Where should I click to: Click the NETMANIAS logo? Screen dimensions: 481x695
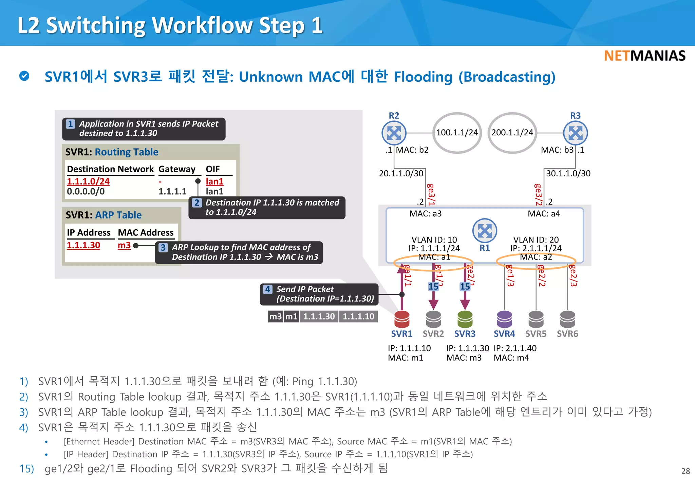[x=644, y=56]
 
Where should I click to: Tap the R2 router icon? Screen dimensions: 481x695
[x=394, y=133]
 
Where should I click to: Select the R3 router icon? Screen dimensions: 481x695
[x=575, y=133]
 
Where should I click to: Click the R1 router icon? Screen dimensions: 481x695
[x=485, y=231]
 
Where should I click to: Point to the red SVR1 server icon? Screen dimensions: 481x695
[x=402, y=319]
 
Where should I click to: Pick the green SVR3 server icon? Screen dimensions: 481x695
[x=465, y=319]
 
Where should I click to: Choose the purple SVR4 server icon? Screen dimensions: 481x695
[x=504, y=319]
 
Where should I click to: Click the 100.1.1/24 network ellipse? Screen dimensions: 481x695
[x=457, y=133]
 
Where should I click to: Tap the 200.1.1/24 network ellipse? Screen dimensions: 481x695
[x=512, y=133]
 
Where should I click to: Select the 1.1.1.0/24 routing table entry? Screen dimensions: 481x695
[x=88, y=181]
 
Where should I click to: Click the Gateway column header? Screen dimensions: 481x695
[x=177, y=169]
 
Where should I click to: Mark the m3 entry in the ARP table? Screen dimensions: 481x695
[x=124, y=245]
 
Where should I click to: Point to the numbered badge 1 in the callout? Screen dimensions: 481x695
[x=70, y=124]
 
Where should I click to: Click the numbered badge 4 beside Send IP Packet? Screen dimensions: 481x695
[x=268, y=289]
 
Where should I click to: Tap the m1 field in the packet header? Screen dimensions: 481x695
[x=292, y=316]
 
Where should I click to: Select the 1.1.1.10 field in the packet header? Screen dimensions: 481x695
[x=358, y=316]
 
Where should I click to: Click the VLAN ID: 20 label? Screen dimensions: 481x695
[x=536, y=240]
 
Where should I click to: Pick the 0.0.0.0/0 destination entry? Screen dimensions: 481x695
[x=86, y=192]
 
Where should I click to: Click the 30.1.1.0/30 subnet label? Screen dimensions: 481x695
[x=568, y=173]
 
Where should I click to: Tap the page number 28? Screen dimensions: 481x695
[x=685, y=471]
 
